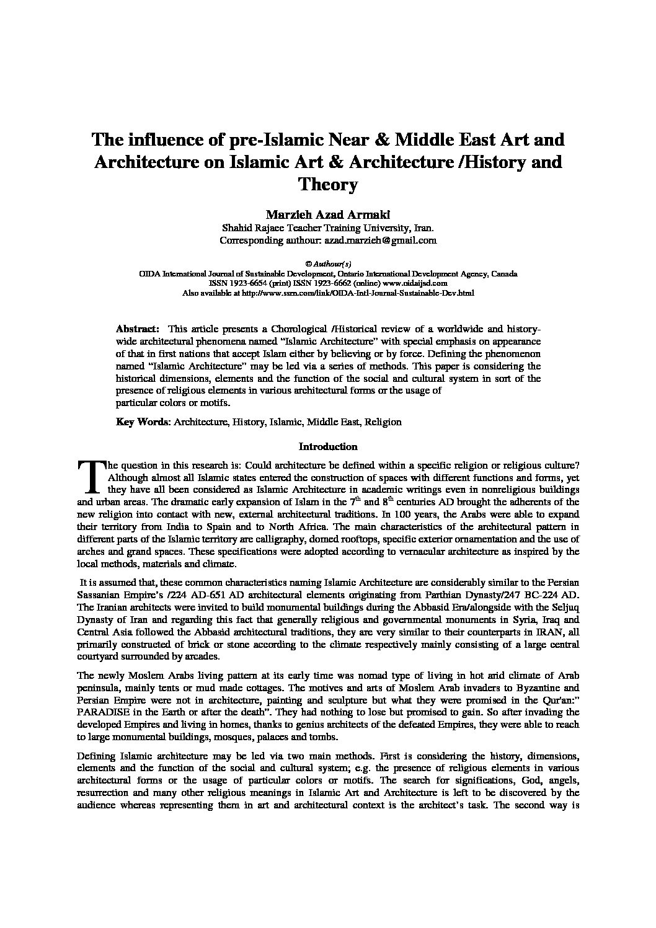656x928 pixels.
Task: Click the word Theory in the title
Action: click(x=328, y=185)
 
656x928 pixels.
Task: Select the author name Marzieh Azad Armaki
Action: click(x=328, y=214)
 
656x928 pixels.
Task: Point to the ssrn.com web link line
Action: click(x=328, y=293)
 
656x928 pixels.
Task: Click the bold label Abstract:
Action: click(x=138, y=329)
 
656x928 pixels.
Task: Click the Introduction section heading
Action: click(x=328, y=446)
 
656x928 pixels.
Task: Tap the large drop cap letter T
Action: click(x=90, y=475)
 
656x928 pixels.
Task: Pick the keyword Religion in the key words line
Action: click(x=383, y=422)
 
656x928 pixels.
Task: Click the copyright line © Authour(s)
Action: click(x=328, y=263)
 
